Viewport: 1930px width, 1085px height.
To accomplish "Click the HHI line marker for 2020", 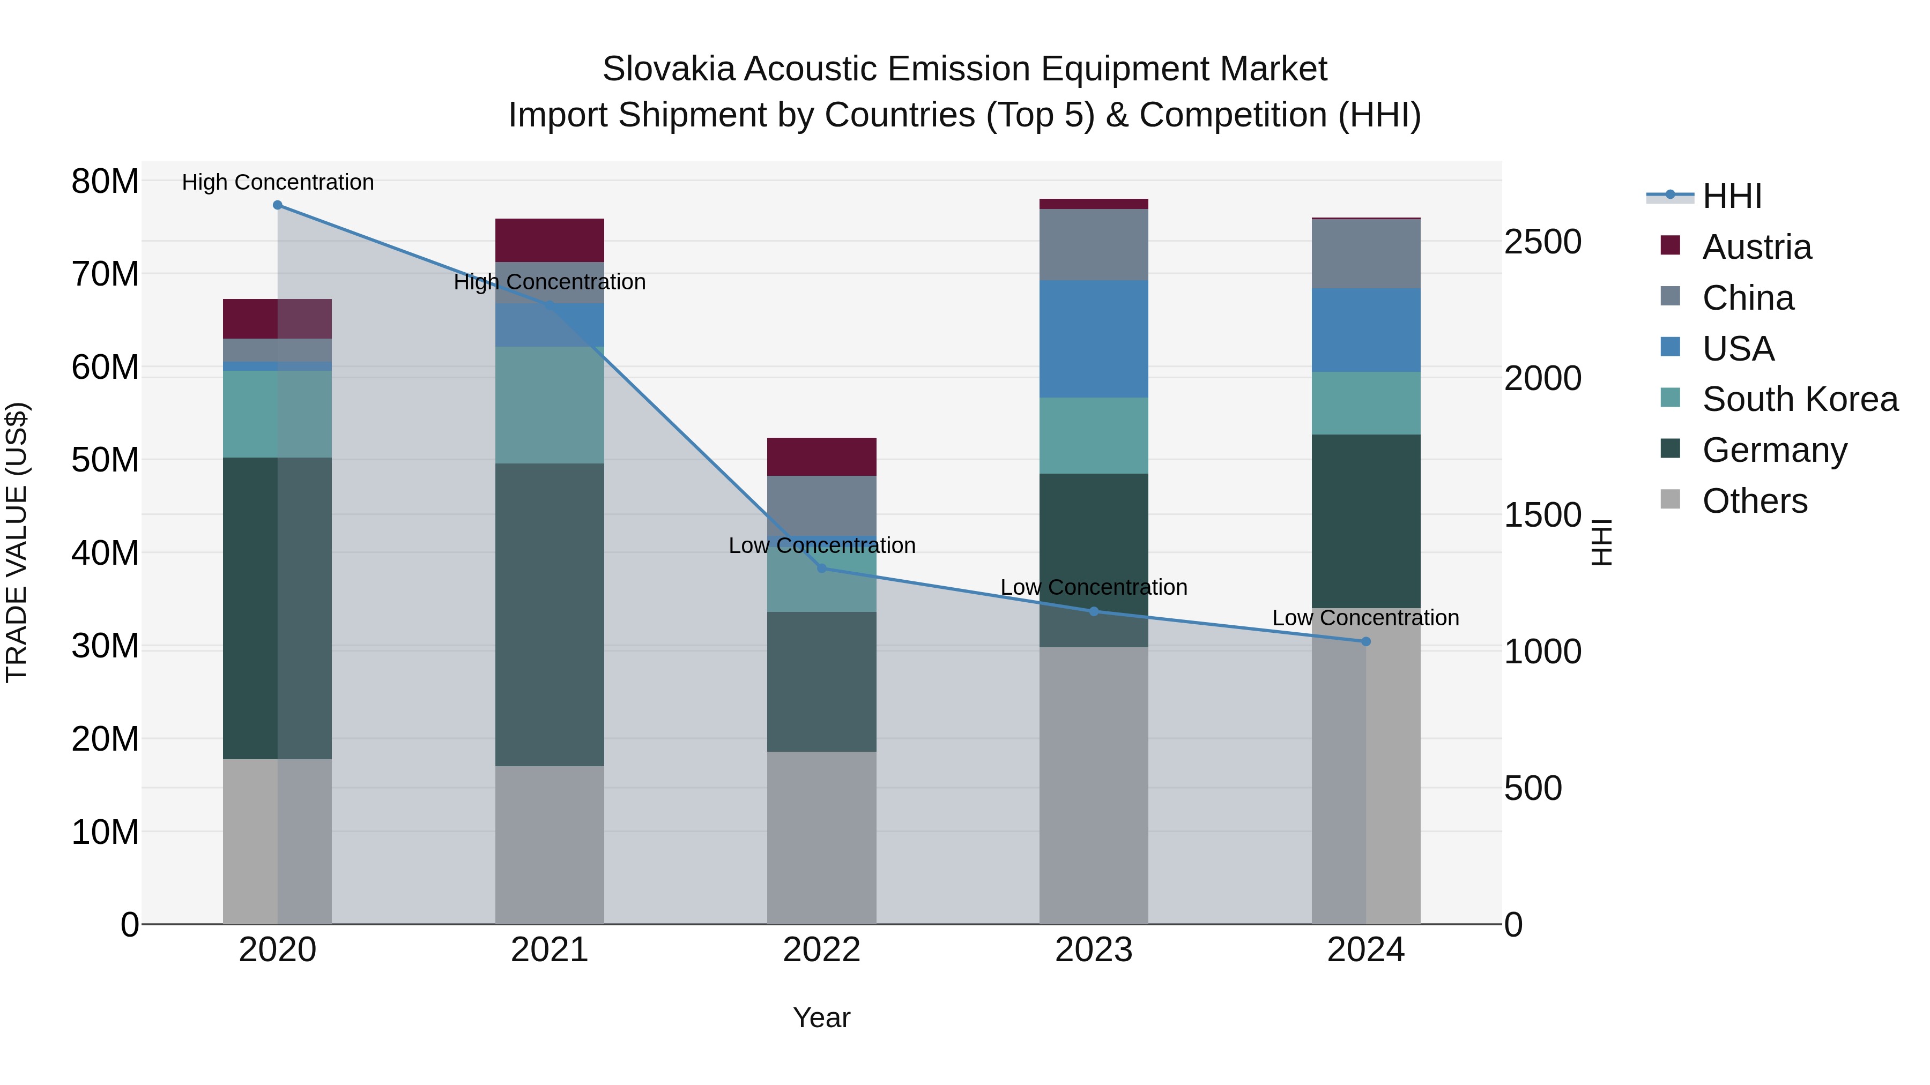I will tap(277, 205).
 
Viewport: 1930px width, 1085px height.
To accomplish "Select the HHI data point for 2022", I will tap(821, 568).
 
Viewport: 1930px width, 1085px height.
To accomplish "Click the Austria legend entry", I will tap(1756, 247).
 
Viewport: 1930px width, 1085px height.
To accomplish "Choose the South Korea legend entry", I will tap(1800, 399).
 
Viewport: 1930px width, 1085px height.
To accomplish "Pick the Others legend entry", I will tap(1754, 501).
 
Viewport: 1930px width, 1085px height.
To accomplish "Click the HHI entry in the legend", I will tap(1732, 196).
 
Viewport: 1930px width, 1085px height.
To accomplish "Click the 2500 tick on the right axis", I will tap(1542, 242).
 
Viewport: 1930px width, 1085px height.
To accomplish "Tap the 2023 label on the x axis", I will tap(1093, 950).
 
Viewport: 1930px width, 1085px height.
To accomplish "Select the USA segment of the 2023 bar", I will tap(1093, 339).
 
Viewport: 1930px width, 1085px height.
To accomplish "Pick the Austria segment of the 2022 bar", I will tap(821, 457).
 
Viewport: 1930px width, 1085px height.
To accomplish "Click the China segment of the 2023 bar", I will tap(1093, 245).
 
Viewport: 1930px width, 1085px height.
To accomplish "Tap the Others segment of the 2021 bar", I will tap(549, 844).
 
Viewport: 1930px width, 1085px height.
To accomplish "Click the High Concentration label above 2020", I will tap(277, 182).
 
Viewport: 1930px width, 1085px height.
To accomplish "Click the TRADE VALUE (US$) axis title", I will tap(17, 542).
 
